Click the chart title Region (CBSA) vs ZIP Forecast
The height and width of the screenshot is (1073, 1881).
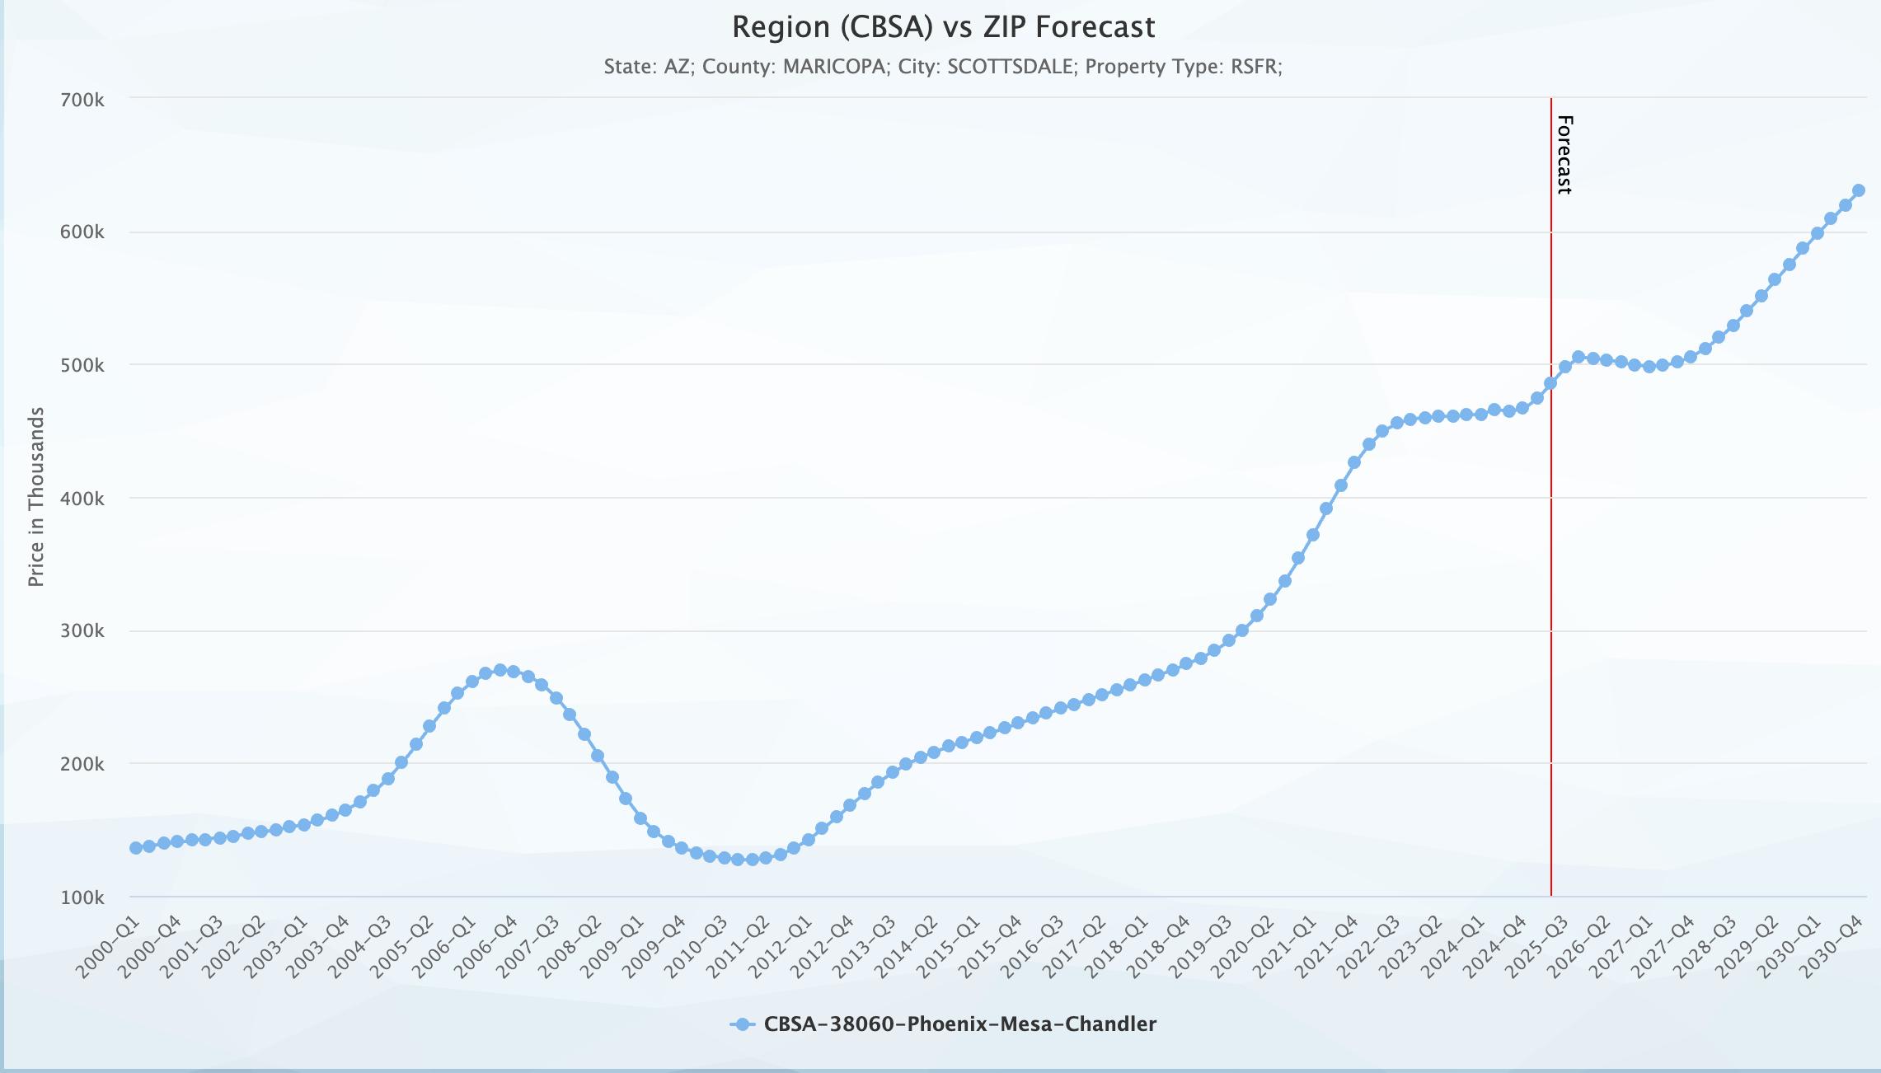pyautogui.click(x=943, y=27)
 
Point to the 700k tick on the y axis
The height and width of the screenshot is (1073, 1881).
pyautogui.click(x=82, y=100)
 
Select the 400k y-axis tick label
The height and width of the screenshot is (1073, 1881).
pyautogui.click(x=82, y=499)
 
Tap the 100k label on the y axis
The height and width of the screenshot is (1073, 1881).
pyautogui.click(x=82, y=897)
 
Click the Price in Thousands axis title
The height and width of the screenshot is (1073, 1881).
pyautogui.click(x=35, y=497)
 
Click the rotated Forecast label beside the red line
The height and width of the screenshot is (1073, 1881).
pyautogui.click(x=1564, y=155)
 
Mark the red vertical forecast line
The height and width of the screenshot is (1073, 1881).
pyautogui.click(x=1550, y=577)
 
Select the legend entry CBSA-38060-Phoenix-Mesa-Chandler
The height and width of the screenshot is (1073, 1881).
pyautogui.click(x=959, y=1024)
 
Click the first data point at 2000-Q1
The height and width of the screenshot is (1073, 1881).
pyautogui.click(x=136, y=848)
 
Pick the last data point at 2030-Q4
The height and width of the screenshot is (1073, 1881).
pyautogui.click(x=1858, y=190)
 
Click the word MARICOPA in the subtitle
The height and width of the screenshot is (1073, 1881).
pyautogui.click(x=835, y=67)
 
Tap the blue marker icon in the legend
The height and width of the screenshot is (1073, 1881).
pyautogui.click(x=742, y=1024)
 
